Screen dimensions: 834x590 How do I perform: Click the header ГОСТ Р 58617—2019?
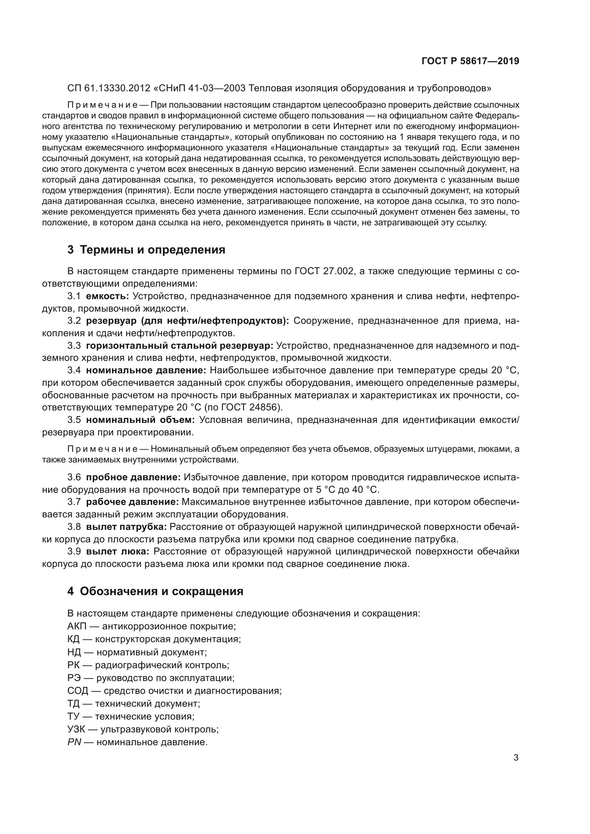tap(470, 61)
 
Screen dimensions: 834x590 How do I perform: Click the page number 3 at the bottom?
tap(516, 758)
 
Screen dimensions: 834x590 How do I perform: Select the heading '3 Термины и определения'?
tap(146, 250)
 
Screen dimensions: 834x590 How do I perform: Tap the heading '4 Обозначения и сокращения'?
tap(155, 591)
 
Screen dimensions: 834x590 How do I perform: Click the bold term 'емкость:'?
tap(107, 296)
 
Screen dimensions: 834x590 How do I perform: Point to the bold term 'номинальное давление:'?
tap(146, 370)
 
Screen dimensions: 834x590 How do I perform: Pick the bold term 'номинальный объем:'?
tap(140, 420)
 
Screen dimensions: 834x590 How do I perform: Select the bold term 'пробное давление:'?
tap(133, 477)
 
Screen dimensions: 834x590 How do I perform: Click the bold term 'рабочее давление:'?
tap(132, 502)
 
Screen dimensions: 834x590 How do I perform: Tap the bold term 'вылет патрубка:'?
tap(126, 527)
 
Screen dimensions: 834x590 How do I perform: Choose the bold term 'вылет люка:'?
tap(118, 551)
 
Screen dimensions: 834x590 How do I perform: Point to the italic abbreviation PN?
tap(74, 742)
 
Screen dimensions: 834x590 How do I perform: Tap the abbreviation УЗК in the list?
tap(76, 729)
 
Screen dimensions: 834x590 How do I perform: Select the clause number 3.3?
tap(74, 346)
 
